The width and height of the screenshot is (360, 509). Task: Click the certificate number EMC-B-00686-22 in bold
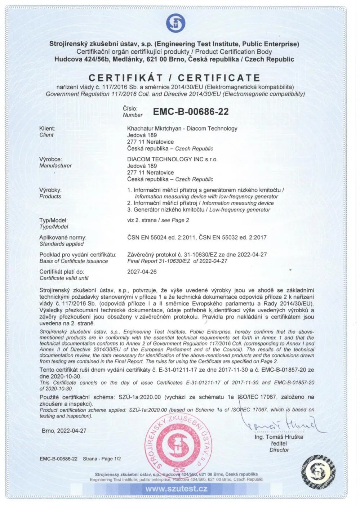click(x=191, y=112)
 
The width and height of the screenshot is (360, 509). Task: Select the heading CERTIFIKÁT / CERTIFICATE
click(x=174, y=78)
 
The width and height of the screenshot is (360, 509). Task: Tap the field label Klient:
click(x=47, y=128)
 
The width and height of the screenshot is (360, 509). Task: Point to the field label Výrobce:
click(x=50, y=159)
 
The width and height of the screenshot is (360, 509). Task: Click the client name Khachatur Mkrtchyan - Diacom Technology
click(x=182, y=128)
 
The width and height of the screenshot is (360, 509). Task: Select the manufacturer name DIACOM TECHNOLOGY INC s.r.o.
click(x=172, y=159)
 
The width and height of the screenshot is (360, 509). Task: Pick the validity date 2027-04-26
click(x=142, y=272)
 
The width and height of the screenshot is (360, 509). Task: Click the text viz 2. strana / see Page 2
click(x=158, y=220)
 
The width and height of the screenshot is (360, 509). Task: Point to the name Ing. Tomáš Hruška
click(x=279, y=437)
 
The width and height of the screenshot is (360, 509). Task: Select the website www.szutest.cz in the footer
click(x=176, y=489)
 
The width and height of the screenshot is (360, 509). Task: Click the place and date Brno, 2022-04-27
click(x=64, y=430)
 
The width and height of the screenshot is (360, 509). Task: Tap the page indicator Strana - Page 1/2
click(x=102, y=459)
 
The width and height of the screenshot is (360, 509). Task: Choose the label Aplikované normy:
click(x=63, y=237)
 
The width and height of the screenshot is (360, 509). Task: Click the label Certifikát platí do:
click(x=62, y=272)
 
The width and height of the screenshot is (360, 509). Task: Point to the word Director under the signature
click(x=279, y=450)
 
